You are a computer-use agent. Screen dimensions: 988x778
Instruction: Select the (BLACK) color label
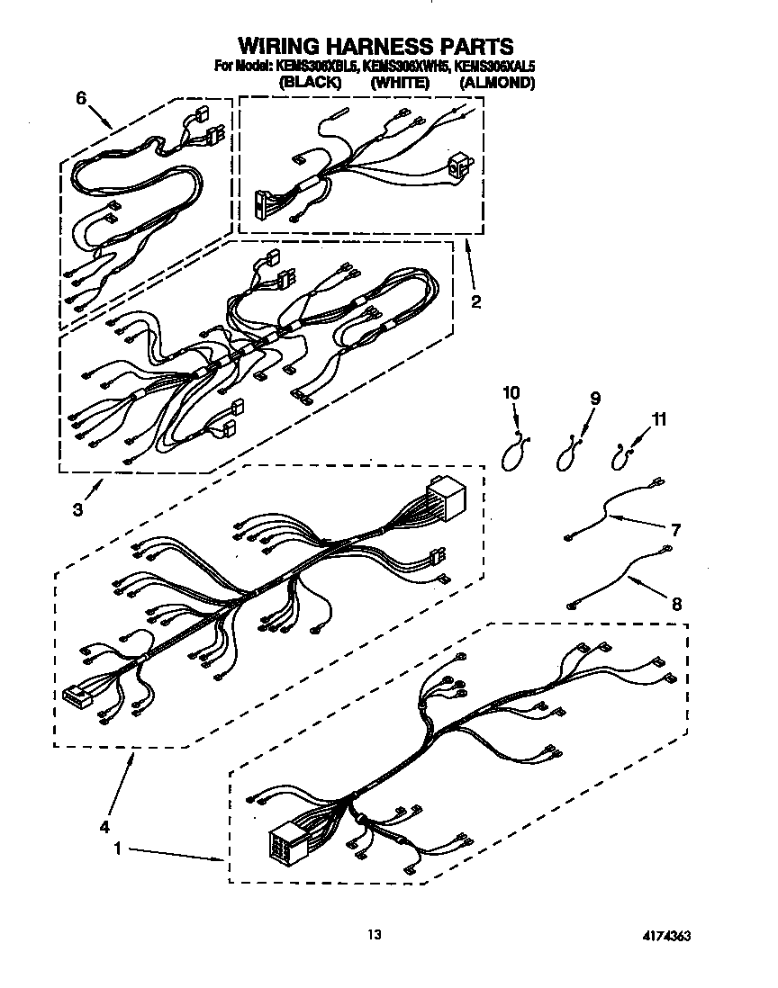(311, 82)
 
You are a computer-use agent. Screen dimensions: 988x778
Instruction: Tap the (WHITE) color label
(400, 82)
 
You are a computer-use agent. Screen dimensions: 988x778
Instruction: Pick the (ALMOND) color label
(497, 82)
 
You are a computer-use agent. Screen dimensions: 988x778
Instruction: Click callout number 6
(82, 100)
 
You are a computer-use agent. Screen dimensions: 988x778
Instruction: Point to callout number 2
(475, 302)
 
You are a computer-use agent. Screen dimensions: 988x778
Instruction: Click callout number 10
(511, 393)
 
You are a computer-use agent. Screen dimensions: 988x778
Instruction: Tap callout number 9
(594, 398)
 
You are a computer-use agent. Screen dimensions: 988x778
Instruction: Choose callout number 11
(660, 418)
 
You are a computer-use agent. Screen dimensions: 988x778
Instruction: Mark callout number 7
(675, 529)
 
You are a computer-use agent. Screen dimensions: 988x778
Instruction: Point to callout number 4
(105, 825)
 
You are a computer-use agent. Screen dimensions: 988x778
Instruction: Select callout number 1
(118, 847)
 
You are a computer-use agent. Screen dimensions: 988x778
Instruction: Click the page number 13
(374, 935)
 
